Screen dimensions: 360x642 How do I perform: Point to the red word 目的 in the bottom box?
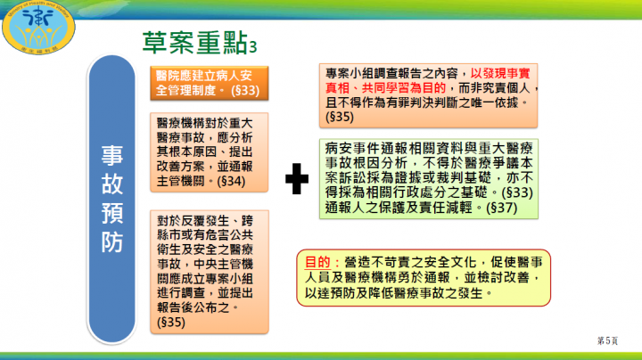tap(318, 264)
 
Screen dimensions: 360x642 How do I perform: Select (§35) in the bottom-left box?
tap(171, 321)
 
